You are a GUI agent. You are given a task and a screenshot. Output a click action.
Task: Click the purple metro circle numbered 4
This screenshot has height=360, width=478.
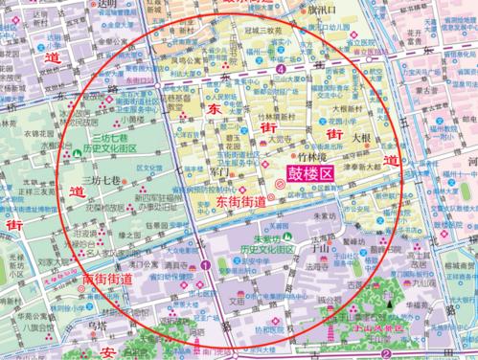(280, 70)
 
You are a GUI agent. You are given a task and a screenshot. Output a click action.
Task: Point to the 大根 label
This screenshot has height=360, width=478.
(363, 137)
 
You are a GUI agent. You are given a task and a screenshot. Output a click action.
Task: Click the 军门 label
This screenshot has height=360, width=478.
(218, 172)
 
